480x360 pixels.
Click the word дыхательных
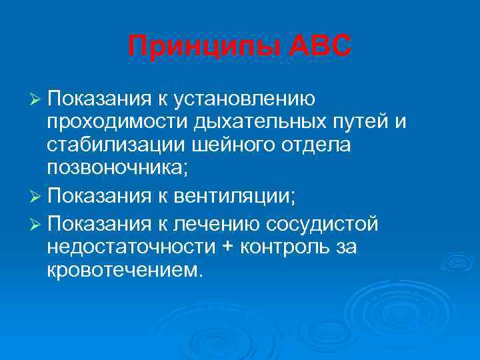(260, 124)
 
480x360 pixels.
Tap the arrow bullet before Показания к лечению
(37, 223)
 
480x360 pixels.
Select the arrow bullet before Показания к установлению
(37, 100)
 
